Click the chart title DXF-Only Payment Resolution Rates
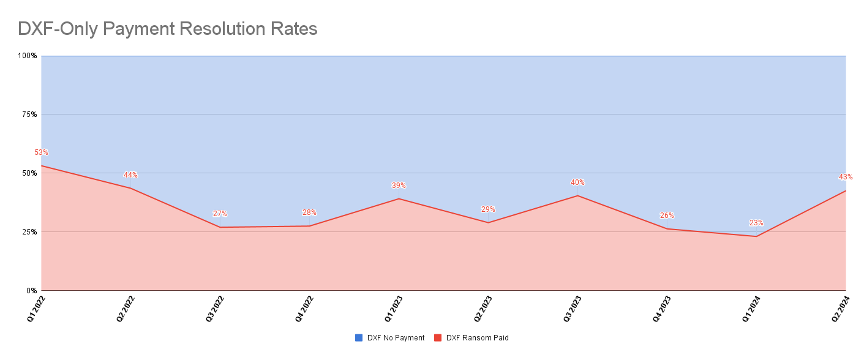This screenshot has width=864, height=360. coord(167,29)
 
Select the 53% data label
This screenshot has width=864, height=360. coord(41,152)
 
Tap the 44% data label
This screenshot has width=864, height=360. coord(130,175)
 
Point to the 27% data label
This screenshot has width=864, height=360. coord(220,214)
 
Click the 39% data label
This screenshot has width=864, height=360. coord(399,186)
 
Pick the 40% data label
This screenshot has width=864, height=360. coord(577,182)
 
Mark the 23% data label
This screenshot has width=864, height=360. coord(756,223)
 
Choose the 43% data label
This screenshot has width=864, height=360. coord(846,177)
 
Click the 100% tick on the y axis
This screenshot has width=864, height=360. coord(28,56)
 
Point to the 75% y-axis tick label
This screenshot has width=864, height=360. coord(29,114)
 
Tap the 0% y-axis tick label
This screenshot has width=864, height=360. coord(32,291)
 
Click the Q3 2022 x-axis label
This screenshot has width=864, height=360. coord(216,309)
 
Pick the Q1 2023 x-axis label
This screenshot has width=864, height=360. coord(394,309)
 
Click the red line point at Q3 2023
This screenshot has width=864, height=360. coord(577,196)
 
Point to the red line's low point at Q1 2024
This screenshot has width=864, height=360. coord(756,236)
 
